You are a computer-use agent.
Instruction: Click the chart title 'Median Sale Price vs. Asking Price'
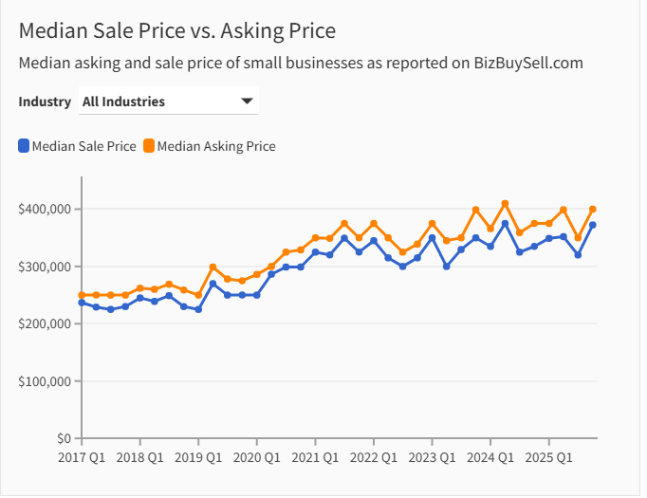tap(177, 30)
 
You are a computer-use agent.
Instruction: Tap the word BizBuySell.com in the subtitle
tap(528, 63)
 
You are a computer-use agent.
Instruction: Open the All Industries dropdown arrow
tap(247, 101)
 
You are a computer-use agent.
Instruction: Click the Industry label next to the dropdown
tap(45, 101)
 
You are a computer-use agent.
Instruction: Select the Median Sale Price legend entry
tap(77, 146)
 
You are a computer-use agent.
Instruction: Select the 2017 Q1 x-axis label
tap(82, 457)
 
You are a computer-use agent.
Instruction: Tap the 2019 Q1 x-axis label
tap(198, 457)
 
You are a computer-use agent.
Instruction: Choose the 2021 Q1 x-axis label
tap(315, 457)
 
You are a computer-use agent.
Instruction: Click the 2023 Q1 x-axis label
tap(432, 457)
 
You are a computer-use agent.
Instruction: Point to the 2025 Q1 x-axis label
tap(548, 457)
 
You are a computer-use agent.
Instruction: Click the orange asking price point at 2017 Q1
tap(82, 295)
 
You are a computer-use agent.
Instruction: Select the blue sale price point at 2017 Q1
tap(82, 303)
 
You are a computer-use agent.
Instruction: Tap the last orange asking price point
tap(593, 210)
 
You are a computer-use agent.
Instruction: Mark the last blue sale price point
tap(593, 225)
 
